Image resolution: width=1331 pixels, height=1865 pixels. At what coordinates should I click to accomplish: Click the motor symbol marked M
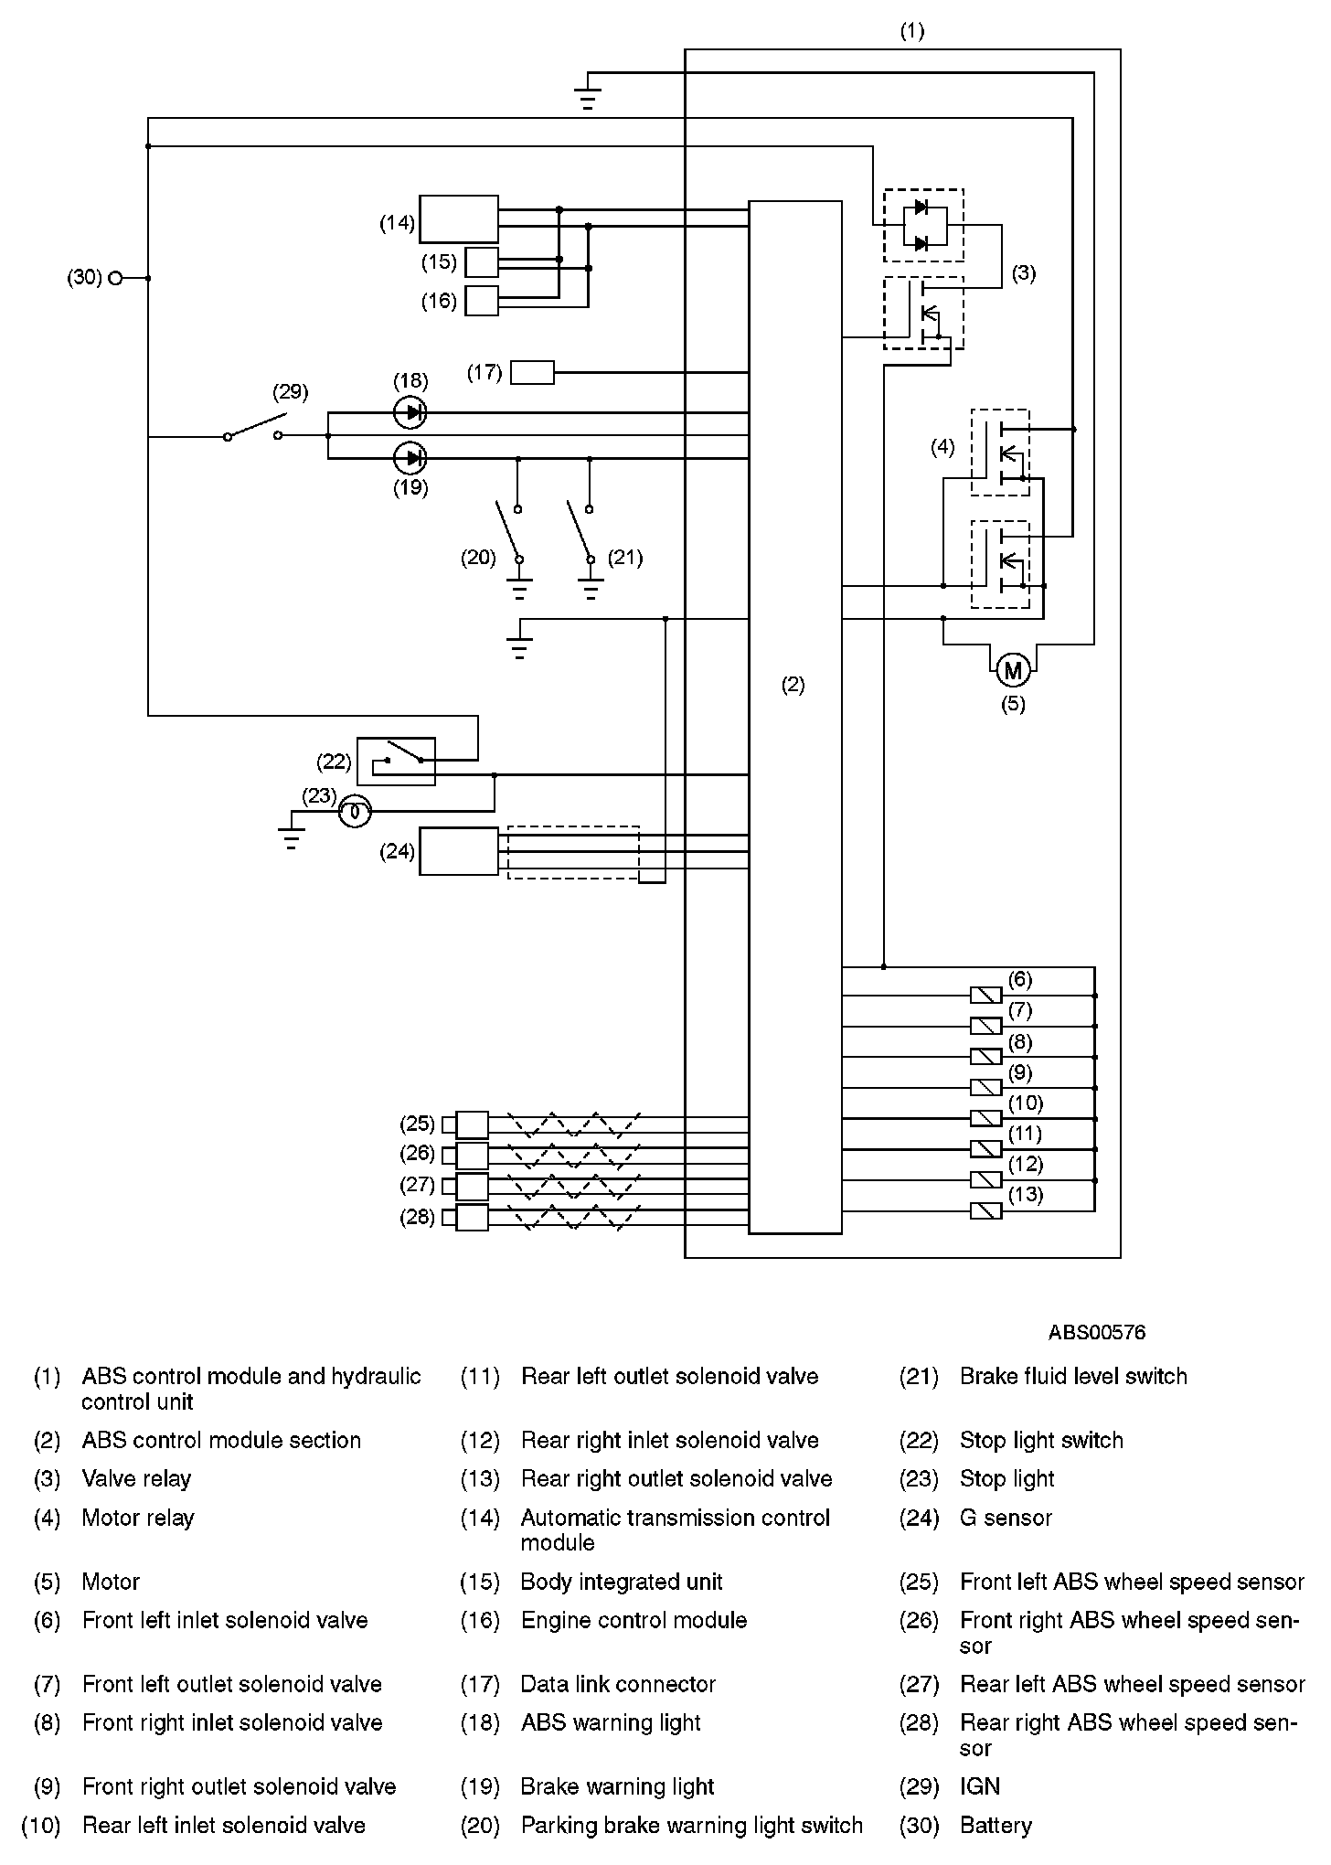pos(1012,671)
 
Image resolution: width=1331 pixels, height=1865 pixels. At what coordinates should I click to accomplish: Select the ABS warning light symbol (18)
pos(410,412)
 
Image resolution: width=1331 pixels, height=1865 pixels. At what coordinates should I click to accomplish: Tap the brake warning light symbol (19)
pos(410,457)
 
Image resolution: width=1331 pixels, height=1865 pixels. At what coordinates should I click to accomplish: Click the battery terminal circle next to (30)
pos(115,278)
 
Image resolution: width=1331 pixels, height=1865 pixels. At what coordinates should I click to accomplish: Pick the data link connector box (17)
pos(532,372)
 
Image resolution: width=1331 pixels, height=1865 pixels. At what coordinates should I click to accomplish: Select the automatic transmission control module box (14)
pos(459,218)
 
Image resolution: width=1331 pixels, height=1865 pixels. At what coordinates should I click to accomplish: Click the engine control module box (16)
pos(482,301)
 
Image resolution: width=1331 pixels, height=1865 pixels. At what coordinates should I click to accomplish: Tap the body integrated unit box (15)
pos(482,262)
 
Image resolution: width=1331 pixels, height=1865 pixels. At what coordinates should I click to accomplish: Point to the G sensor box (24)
pos(459,851)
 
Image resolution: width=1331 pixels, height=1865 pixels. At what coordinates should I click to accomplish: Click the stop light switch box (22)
pos(396,761)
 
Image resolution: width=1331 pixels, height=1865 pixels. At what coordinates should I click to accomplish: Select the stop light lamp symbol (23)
pos(356,811)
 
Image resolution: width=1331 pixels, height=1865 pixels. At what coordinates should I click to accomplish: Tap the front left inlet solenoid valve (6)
pos(985,995)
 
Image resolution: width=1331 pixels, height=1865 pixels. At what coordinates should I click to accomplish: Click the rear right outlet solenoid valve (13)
pos(985,1210)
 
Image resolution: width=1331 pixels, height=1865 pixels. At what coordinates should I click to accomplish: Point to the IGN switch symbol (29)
pos(253,430)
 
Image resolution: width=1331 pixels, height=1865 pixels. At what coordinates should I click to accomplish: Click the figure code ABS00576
pos(1096,1332)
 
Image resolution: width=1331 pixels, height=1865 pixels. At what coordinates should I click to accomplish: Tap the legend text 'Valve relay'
pos(137,1478)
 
